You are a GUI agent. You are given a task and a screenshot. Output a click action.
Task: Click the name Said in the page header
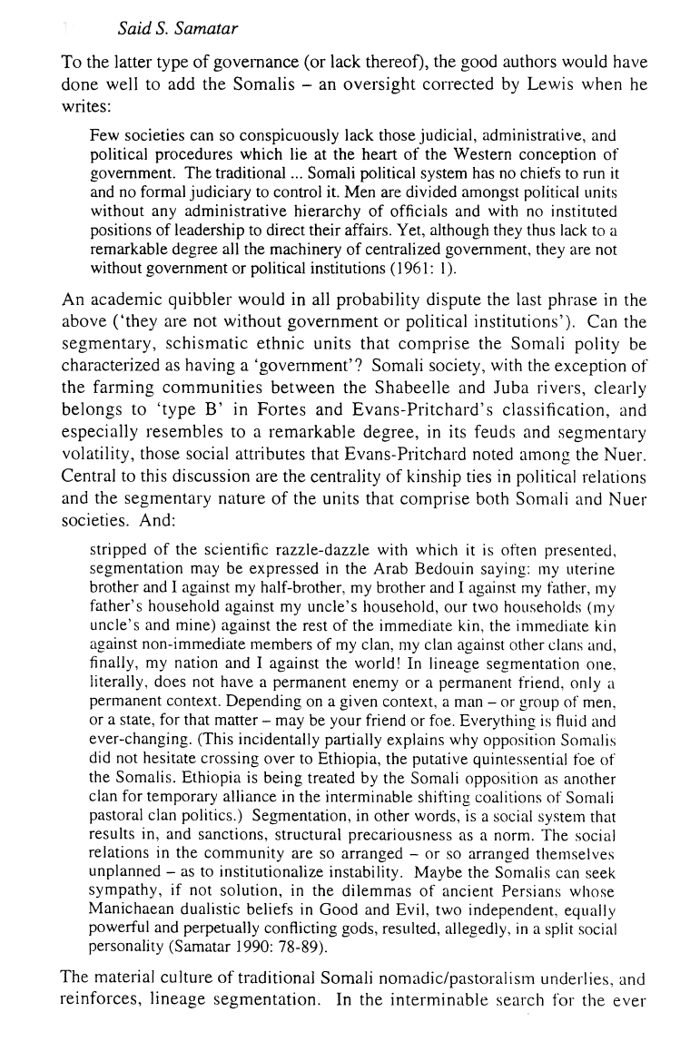coord(133,30)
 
